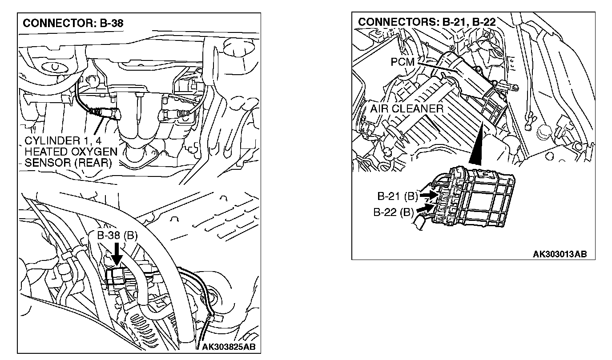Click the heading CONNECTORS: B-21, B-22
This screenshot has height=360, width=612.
coord(427,22)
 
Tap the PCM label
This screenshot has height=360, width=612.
coord(402,62)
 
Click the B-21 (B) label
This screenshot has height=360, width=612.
coord(397,196)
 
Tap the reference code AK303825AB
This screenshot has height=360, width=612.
coord(231,346)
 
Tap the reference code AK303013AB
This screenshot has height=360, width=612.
coord(560,254)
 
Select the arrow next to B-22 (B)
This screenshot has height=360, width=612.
coord(425,208)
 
